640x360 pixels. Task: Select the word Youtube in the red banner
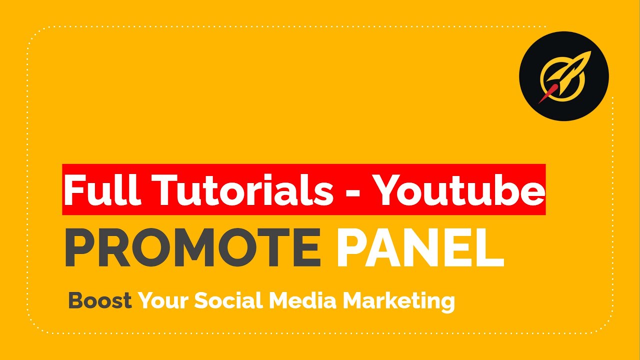(x=459, y=189)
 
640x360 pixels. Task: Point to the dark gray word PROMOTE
(x=192, y=248)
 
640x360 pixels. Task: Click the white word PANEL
(x=420, y=248)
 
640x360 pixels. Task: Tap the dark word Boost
(x=100, y=301)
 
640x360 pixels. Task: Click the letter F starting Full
(x=73, y=189)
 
